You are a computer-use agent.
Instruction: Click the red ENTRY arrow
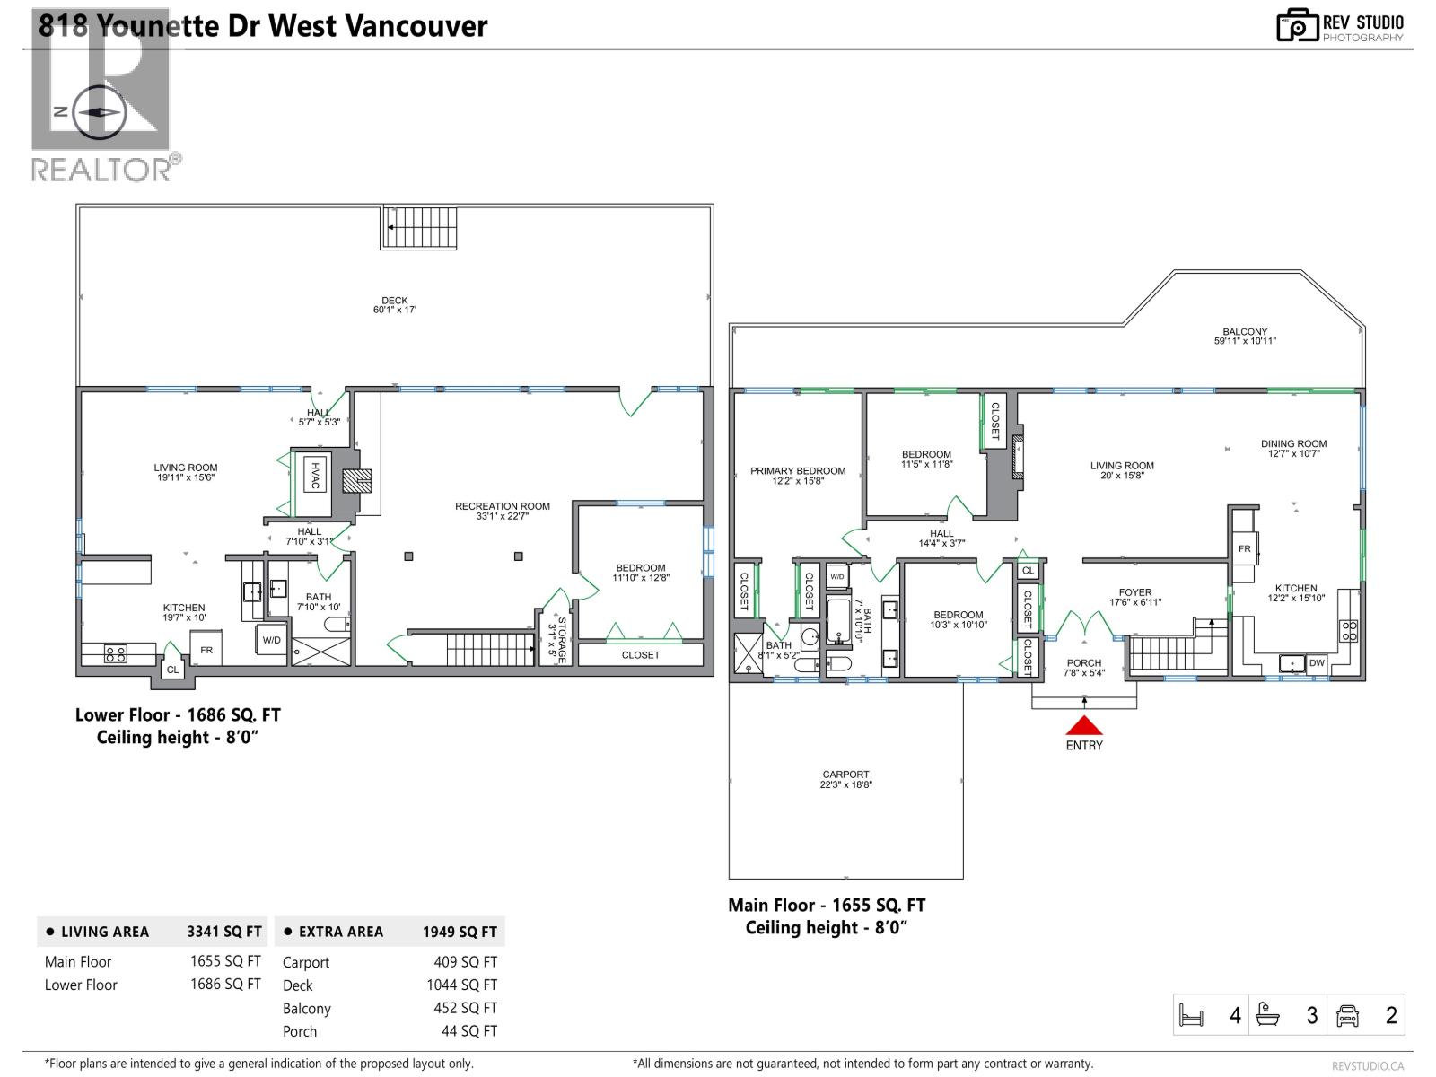point(1084,725)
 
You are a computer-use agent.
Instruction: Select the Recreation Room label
point(503,511)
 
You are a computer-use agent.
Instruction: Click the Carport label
point(845,779)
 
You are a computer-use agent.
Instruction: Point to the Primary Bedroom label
point(798,476)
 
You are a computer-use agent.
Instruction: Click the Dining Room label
point(1293,448)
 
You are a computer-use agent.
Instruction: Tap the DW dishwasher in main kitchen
point(1317,663)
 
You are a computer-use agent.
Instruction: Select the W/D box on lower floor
point(271,640)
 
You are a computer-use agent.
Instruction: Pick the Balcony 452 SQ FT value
point(465,1008)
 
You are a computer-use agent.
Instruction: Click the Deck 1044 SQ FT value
point(461,985)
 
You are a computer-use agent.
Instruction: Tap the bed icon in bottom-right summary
point(1191,1016)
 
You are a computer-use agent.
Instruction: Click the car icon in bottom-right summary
point(1347,1016)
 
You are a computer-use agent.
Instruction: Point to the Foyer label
point(1135,597)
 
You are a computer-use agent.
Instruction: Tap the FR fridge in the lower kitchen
point(206,650)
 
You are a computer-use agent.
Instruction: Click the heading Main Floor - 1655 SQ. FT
point(827,906)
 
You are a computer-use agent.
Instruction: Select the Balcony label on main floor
point(1245,336)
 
